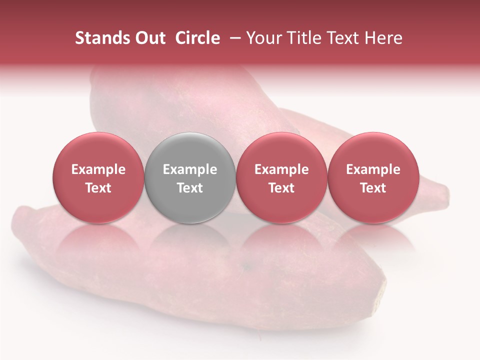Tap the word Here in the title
(x=382, y=38)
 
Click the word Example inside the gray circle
(x=190, y=169)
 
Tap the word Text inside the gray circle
(x=190, y=188)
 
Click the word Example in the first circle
(x=98, y=169)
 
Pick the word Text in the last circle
(x=373, y=188)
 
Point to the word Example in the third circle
(x=281, y=169)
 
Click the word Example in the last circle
(x=373, y=169)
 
